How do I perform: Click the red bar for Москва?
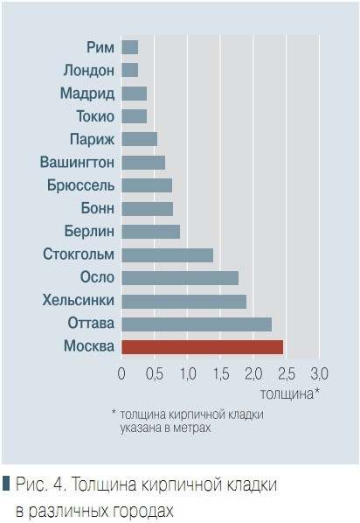pos(203,346)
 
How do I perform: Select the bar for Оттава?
pos(197,324)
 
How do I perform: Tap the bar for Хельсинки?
pos(183,301)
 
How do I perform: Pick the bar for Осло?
pos(180,277)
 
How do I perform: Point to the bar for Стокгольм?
pos(167,255)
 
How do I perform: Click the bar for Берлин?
pos(150,231)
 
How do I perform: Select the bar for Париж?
pos(139,138)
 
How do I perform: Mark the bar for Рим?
pos(129,46)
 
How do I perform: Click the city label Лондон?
pos(88,70)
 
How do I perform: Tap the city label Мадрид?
pos(87,93)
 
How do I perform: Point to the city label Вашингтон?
pos(77,162)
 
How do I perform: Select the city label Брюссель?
pos(81,185)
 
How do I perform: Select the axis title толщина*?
pos(289,393)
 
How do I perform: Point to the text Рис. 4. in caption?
pos(40,484)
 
